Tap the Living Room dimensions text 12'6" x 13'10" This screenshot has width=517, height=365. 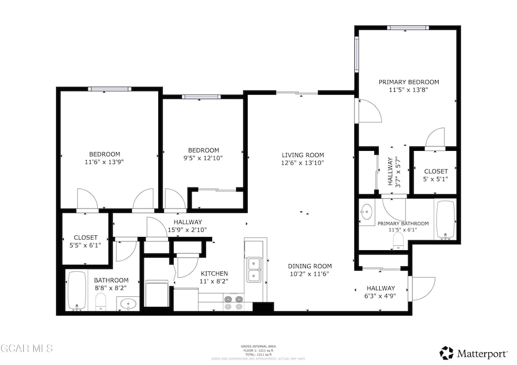point(302,163)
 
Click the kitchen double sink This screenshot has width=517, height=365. point(255,270)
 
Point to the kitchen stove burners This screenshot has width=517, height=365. point(233,302)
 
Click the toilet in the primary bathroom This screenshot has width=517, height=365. point(398,239)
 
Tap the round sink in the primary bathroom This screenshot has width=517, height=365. point(367,211)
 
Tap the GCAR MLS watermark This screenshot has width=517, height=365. point(27,348)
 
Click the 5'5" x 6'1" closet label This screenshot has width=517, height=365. point(85,237)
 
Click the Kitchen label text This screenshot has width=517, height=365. point(214,273)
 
